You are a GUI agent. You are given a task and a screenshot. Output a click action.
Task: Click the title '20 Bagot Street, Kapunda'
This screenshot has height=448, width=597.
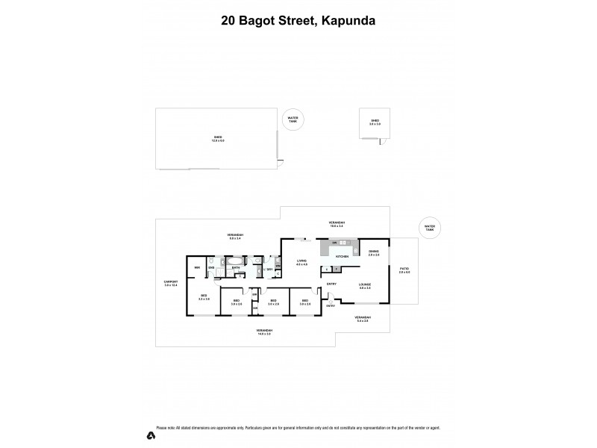[x=298, y=21]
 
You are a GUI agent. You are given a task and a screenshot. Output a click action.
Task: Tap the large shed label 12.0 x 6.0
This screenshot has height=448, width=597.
[x=219, y=139]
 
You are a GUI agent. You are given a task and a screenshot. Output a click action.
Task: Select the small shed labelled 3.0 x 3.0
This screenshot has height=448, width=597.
[x=375, y=122]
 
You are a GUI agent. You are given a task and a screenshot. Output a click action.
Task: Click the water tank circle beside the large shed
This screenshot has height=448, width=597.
[x=293, y=119]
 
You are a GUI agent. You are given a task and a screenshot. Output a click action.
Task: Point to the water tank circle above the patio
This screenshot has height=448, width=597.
[x=429, y=228]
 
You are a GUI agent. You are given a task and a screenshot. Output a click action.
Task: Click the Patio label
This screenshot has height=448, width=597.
[x=404, y=270]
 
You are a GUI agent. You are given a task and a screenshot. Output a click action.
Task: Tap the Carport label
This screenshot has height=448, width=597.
[x=171, y=283]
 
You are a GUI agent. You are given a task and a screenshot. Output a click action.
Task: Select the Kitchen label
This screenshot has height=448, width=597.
[x=342, y=256]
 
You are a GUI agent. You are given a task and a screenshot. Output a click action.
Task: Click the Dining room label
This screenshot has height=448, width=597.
[x=374, y=252]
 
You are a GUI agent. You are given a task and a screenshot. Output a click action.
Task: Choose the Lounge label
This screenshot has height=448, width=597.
[x=365, y=285]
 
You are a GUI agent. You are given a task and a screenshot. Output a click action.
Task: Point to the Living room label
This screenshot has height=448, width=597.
[x=301, y=263]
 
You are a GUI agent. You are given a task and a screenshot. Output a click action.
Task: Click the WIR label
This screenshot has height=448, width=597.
[x=197, y=267]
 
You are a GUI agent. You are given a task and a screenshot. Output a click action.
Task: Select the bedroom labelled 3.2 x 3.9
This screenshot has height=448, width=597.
[x=204, y=297]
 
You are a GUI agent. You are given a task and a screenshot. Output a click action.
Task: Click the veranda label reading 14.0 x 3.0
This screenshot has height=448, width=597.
[x=264, y=332]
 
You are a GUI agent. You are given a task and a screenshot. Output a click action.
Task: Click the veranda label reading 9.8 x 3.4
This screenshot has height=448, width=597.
[x=236, y=237]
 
